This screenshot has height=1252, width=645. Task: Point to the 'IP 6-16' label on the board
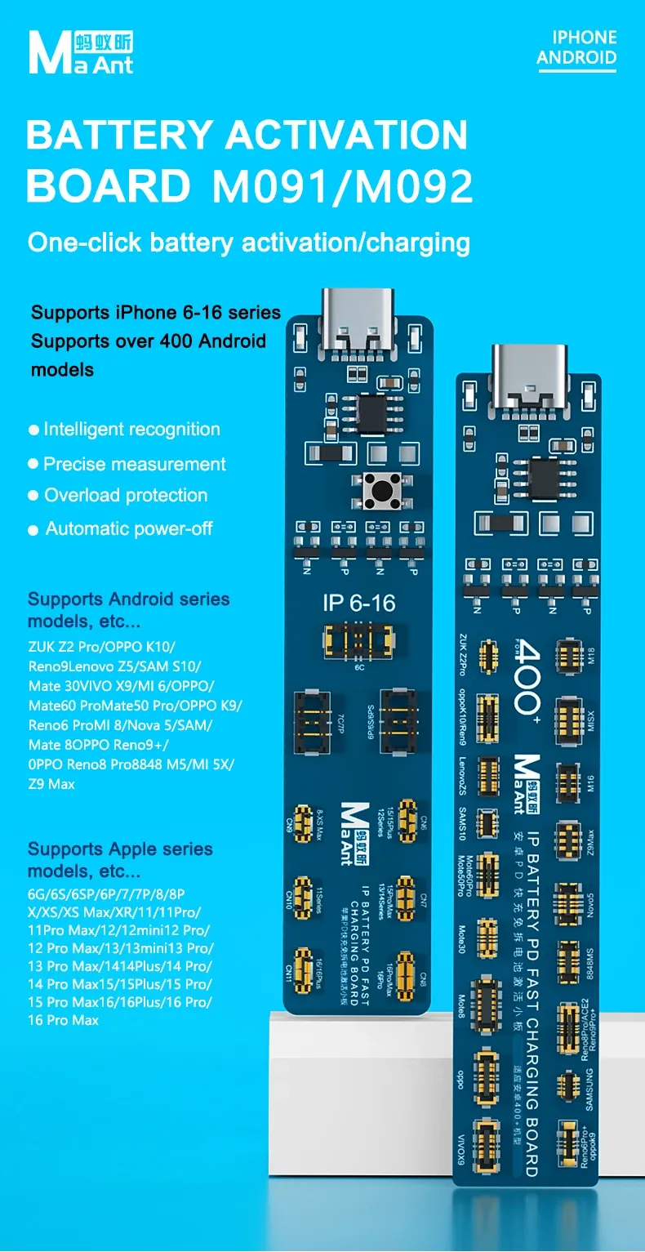358,603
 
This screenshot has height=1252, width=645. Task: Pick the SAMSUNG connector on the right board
567,1085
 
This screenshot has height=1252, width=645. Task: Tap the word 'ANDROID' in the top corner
576,57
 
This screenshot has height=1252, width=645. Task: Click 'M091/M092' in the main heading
343,186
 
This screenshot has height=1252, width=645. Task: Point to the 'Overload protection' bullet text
126,495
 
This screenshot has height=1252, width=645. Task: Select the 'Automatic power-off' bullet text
129,528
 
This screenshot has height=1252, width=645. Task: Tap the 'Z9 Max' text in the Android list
51,784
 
